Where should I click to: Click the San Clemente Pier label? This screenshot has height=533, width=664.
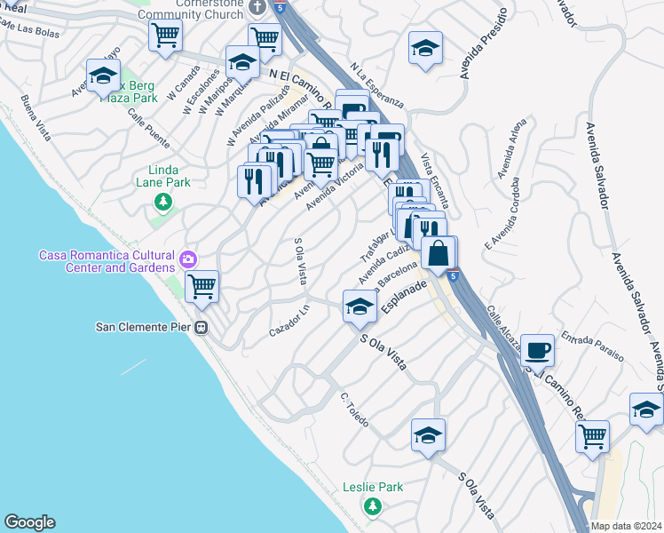coord(143,326)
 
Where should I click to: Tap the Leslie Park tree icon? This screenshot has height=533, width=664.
coord(373,505)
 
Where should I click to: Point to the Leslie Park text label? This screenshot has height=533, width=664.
coord(373,487)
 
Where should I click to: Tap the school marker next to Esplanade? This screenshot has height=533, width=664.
coord(359,307)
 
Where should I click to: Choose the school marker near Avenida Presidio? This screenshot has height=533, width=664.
coord(426,48)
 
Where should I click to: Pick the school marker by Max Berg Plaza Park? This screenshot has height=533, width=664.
coord(103,75)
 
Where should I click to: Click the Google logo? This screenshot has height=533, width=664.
coord(29,522)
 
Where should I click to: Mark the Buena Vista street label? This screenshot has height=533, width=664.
coord(36,110)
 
